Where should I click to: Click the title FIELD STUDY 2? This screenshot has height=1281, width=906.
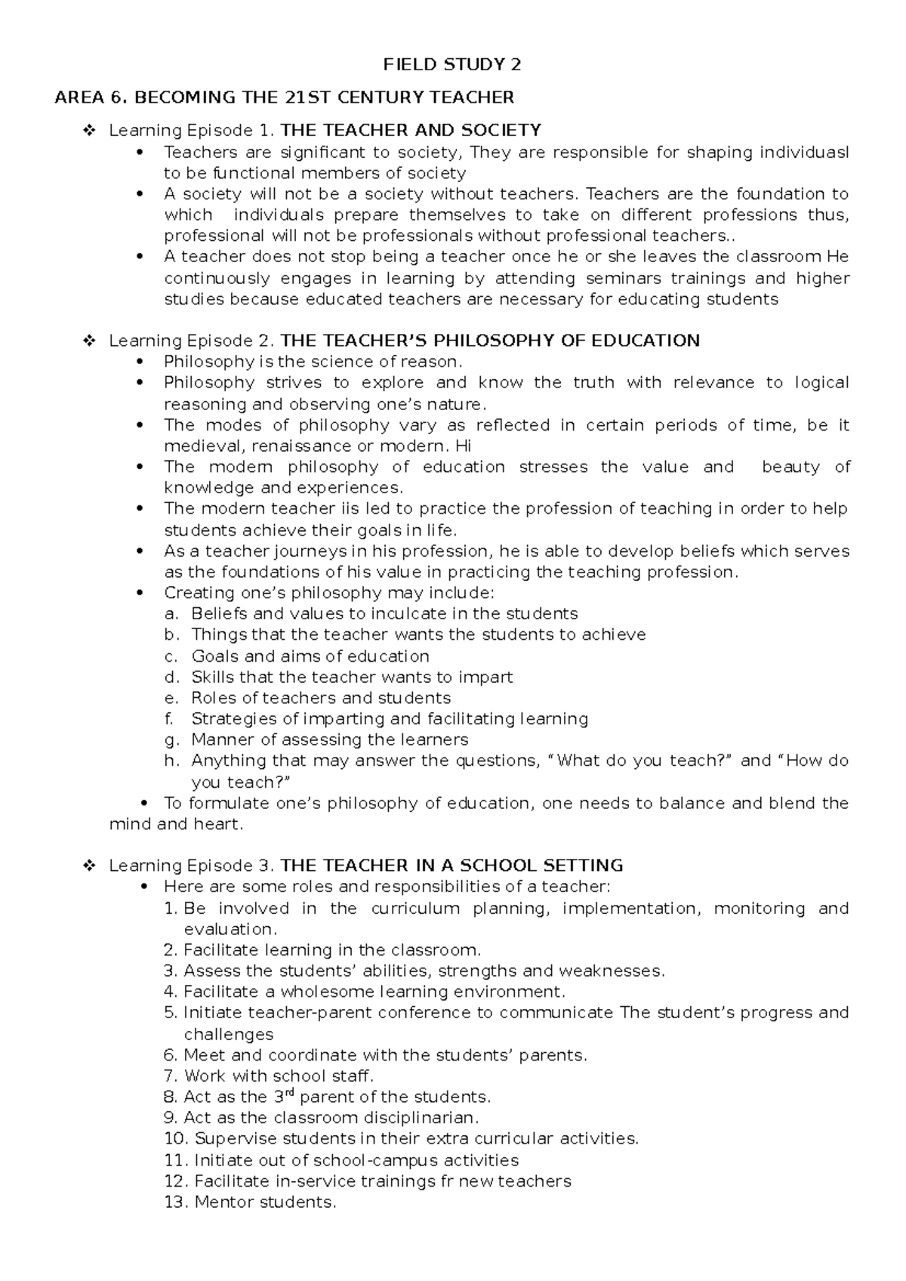point(452,65)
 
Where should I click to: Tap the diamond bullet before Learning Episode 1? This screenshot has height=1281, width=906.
point(88,131)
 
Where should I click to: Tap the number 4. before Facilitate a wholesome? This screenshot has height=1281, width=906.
point(171,992)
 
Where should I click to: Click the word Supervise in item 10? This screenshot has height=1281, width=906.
point(233,1138)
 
